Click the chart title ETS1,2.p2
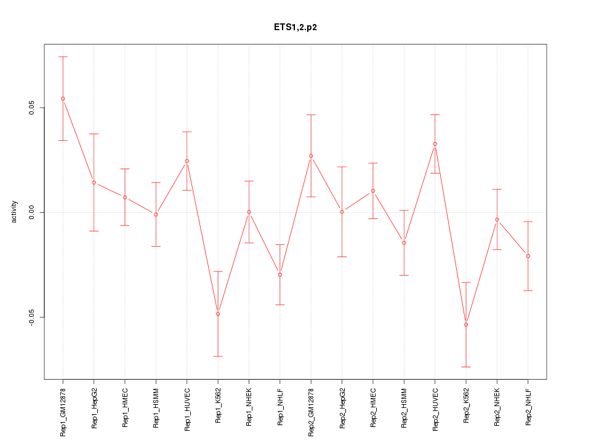coord(295,27)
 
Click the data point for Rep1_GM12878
coord(63,98)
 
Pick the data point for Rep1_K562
coord(218,314)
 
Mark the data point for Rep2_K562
coord(466,324)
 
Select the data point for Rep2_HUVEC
coord(435,144)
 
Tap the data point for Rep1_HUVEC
coord(187,161)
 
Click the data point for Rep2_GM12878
coord(311,156)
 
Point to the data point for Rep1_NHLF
coord(280,274)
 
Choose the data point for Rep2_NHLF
coord(528,256)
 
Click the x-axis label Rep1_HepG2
coord(94,407)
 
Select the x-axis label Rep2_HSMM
coord(404,407)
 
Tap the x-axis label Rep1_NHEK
coord(249,407)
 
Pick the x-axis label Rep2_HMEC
coord(373,407)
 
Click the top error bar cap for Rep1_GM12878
coord(63,57)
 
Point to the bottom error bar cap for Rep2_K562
coord(466,367)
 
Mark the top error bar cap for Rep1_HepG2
coord(94,134)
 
